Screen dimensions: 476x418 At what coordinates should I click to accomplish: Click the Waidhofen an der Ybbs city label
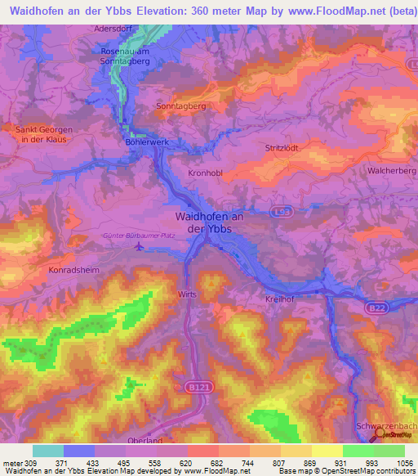coord(210,222)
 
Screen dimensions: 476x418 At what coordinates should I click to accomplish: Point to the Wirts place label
coord(188,293)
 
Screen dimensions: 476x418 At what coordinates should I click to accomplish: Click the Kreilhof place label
coord(281,299)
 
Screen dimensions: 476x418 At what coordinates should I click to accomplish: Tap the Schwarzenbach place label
coord(386,427)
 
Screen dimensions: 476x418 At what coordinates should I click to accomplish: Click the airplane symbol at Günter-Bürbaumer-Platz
coord(139,245)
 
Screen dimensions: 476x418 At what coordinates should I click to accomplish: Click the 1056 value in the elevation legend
coord(403,462)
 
